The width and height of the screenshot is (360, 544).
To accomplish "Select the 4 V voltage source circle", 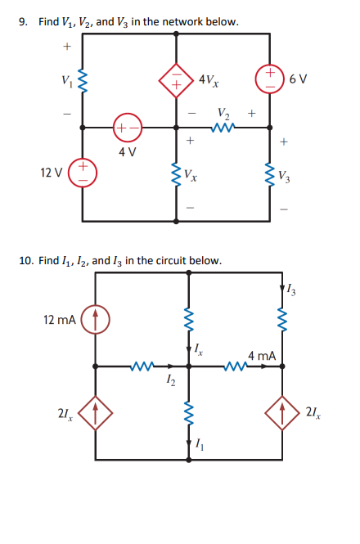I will pyautogui.click(x=127, y=128).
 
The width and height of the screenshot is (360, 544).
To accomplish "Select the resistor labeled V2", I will pyautogui.click(x=223, y=128).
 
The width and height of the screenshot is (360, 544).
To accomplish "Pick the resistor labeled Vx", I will pyautogui.click(x=178, y=173).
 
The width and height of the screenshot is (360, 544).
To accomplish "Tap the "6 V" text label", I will pyautogui.click(x=299, y=78).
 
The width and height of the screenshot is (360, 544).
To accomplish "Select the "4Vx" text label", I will pyautogui.click(x=208, y=81).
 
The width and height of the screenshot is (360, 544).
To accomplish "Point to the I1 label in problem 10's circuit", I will pyautogui.click(x=200, y=445).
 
